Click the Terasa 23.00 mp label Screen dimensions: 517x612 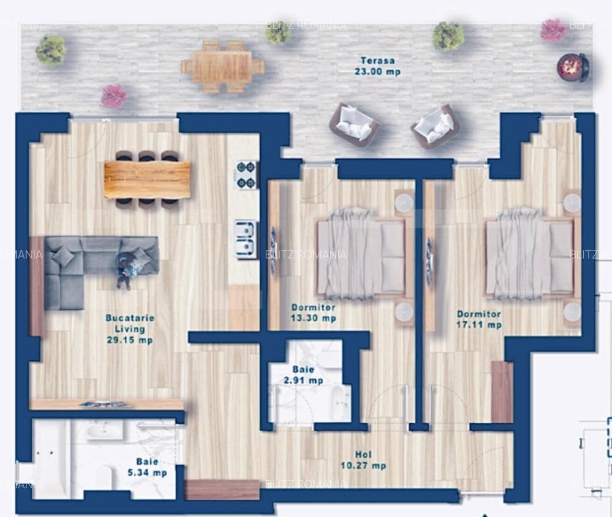point(377,66)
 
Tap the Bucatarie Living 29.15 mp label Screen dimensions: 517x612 point(129,329)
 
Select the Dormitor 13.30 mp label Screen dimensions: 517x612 point(313,312)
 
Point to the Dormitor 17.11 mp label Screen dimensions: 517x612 point(479,319)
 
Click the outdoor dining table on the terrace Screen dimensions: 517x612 point(222,67)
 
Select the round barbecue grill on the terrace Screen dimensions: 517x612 point(572,67)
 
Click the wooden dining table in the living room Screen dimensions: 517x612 point(147,179)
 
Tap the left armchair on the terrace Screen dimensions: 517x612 point(353,124)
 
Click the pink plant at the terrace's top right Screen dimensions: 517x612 point(553,30)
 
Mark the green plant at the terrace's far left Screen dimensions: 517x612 point(51,50)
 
